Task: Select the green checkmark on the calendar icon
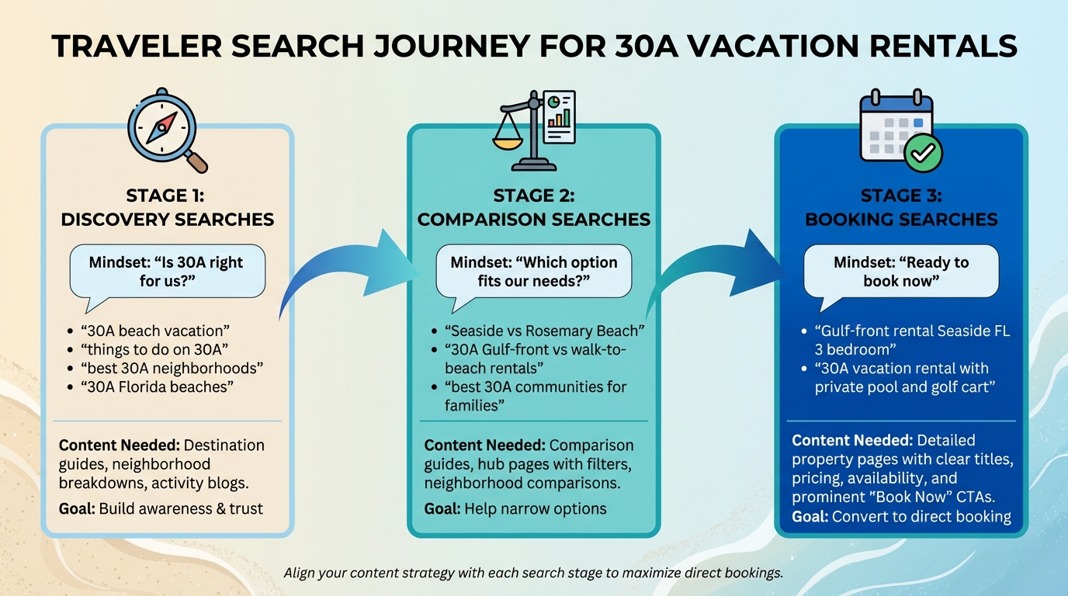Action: click(x=923, y=153)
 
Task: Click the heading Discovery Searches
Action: click(x=167, y=220)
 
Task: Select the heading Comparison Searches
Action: click(x=534, y=220)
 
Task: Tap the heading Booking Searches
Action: click(x=901, y=220)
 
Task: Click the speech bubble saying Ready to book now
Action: click(x=901, y=272)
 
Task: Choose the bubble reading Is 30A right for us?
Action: click(x=166, y=272)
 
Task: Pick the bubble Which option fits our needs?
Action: click(x=534, y=272)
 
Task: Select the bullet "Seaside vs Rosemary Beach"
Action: click(x=544, y=331)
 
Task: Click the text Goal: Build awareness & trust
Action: click(x=161, y=509)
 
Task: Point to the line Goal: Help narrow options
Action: click(x=515, y=509)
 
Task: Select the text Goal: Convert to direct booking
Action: click(x=901, y=516)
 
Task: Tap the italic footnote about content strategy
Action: click(x=533, y=573)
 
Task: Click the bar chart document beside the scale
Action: click(x=559, y=116)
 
